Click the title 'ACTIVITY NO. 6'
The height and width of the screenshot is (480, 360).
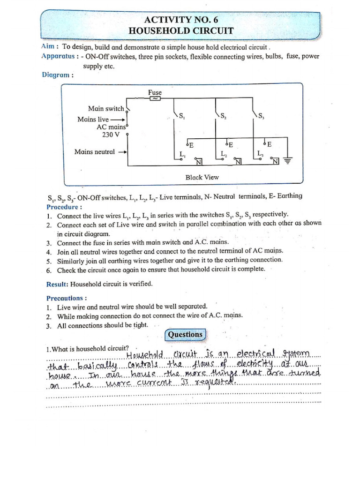182,20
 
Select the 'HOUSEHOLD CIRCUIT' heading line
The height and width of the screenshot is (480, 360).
182,31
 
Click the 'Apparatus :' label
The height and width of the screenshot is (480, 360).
59,56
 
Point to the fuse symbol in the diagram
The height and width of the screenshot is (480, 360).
155,99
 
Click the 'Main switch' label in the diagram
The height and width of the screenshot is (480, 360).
106,108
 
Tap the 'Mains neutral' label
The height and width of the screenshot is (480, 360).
94,151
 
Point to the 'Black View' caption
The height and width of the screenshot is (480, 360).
202,177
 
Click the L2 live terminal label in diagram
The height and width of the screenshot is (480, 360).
224,154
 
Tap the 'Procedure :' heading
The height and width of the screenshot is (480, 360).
64,207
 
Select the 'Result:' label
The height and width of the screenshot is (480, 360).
57,284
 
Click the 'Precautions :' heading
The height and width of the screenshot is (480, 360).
67,298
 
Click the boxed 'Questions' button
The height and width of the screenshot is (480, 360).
185,334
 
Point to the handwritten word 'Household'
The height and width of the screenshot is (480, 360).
146,354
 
